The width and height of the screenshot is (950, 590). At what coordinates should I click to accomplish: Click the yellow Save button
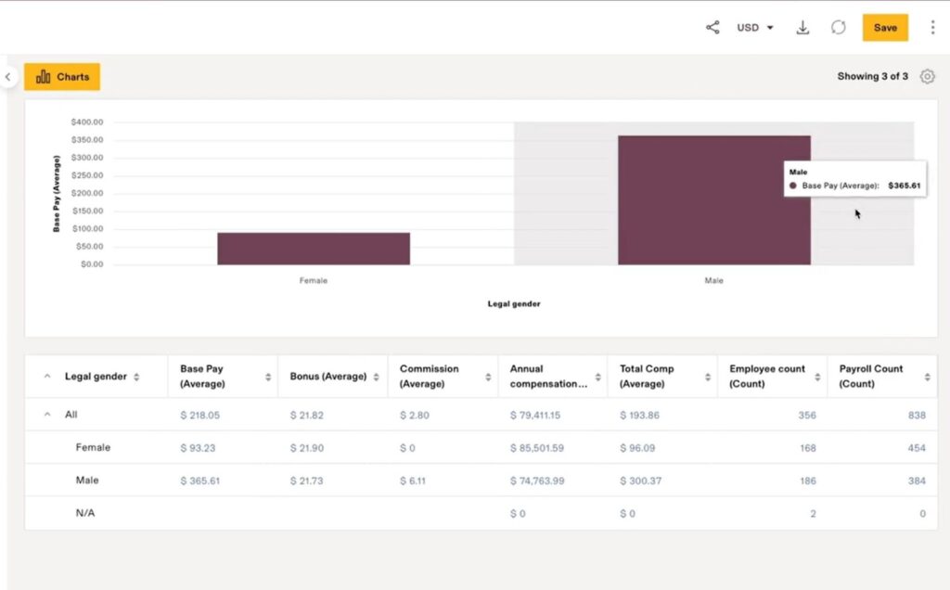pos(885,28)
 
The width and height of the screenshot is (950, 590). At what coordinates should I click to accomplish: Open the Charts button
pos(62,77)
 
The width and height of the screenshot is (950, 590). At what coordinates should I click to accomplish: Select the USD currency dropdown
pos(754,28)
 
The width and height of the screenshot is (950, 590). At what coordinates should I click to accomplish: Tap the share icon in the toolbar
pos(712,28)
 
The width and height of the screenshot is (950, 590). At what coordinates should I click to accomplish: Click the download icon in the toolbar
pos(803,28)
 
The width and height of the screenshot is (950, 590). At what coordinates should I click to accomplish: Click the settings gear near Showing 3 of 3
pos(927,77)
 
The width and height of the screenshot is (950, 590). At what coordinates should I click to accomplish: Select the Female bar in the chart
pos(314,249)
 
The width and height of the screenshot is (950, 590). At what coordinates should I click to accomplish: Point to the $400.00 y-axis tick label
pos(86,122)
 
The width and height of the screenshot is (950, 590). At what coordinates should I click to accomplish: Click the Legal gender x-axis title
pos(514,304)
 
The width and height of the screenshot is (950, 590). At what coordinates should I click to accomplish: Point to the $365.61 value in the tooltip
pos(905,186)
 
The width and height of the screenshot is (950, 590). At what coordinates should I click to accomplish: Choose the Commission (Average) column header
pos(430,376)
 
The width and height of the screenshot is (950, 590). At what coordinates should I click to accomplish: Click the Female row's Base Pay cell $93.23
pos(199,448)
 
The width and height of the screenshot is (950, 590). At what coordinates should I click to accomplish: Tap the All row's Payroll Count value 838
pos(916,416)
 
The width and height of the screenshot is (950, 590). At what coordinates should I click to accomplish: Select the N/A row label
pos(85,513)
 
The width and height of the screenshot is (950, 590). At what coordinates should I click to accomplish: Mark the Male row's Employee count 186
pos(806,481)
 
